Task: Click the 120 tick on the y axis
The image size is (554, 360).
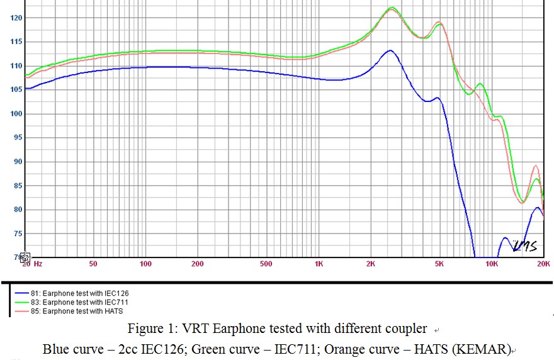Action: tap(16, 18)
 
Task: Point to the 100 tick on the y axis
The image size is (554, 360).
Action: tap(16, 114)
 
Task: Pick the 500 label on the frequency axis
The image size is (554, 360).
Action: tap(266, 264)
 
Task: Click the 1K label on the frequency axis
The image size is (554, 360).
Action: tap(319, 264)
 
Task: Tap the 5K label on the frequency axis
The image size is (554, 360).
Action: tap(439, 264)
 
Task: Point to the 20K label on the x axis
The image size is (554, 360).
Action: tap(543, 264)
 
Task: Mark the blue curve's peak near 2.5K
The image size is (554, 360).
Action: tap(390, 50)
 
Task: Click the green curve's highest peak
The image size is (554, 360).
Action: tap(392, 8)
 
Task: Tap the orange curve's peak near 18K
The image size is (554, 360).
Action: tap(536, 166)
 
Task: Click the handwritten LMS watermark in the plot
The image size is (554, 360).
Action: tap(524, 245)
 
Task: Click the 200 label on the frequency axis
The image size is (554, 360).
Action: tap(198, 264)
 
